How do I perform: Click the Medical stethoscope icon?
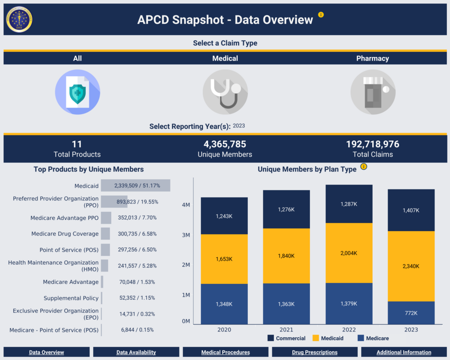(225, 92)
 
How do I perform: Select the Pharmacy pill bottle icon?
(373, 92)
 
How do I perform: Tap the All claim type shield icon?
(77, 92)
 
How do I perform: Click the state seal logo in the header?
(19, 19)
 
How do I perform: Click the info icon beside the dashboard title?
(321, 15)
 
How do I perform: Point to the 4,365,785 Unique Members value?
(225, 144)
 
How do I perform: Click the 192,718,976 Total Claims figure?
(373, 144)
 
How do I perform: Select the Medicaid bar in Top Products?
(135, 185)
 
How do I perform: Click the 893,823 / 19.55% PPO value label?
(137, 202)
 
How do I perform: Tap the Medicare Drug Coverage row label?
(65, 234)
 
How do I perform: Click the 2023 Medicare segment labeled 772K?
(411, 313)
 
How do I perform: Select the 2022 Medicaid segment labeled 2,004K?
(349, 253)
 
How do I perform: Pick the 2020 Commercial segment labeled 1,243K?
(224, 216)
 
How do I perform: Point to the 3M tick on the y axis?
(185, 235)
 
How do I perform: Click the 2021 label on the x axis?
(287, 330)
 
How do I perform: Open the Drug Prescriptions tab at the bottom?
(315, 352)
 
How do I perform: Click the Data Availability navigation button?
(136, 352)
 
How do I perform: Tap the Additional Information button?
(403, 352)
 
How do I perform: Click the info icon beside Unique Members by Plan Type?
(363, 167)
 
